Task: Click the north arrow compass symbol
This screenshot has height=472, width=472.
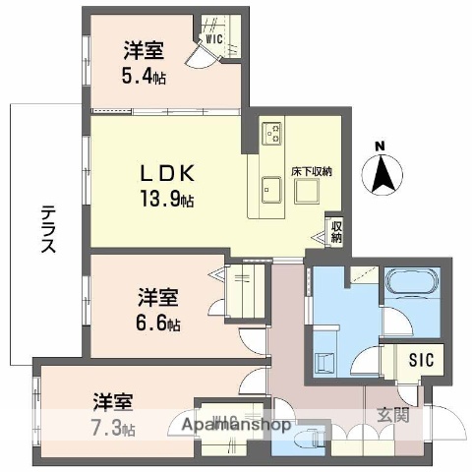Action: pos(383,178)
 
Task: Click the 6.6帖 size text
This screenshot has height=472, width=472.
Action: pos(158,323)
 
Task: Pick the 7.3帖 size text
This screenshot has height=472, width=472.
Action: pos(114,428)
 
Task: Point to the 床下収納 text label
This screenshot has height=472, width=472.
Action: pos(311,171)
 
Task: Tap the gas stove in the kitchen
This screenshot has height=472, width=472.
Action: pos(271,131)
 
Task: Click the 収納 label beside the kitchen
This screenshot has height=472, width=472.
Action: pos(336,232)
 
